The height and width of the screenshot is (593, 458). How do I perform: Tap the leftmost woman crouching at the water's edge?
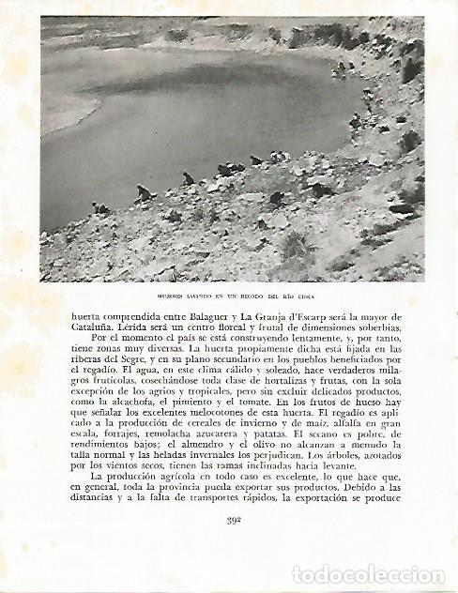point(98,208)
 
